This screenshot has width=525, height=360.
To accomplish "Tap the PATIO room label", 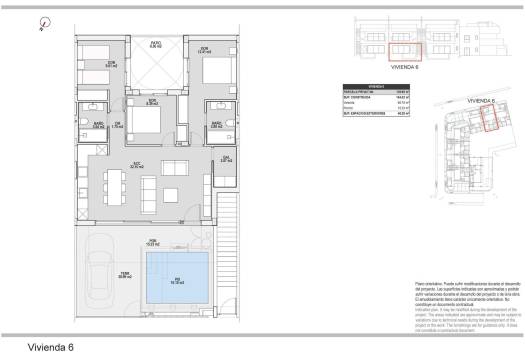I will tap(156, 45).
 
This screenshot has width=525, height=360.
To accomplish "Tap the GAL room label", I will tap(226, 159).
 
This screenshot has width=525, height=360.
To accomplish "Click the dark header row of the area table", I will tap(376, 87).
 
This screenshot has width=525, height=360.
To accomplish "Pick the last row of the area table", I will tap(376, 117).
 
